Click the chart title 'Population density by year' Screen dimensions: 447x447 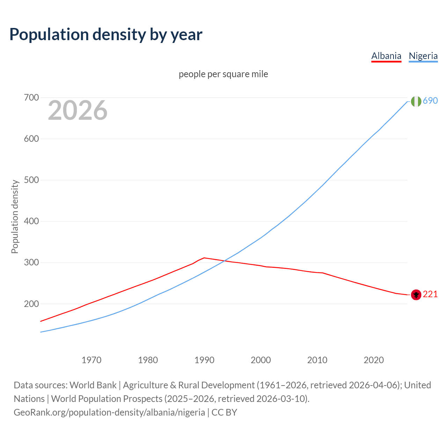point(106,35)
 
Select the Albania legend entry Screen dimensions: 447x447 point(386,56)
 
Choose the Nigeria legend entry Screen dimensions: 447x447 point(423,56)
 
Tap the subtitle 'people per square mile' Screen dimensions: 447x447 point(223,74)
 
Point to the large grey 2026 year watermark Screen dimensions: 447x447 point(78,110)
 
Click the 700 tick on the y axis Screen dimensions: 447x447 point(31,98)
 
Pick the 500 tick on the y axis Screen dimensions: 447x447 point(31,180)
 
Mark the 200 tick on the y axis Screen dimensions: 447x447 point(31,304)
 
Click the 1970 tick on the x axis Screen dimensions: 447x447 point(91,360)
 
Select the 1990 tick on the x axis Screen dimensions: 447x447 point(204,360)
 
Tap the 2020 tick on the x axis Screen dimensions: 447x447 point(374,360)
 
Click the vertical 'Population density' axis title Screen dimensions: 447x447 point(15,217)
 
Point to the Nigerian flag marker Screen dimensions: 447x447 point(416,101)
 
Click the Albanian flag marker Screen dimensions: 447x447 point(416,295)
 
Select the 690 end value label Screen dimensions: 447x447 point(430,101)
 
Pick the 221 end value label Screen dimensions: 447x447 point(430,294)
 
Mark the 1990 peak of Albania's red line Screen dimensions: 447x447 point(204,258)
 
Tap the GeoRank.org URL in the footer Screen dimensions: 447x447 point(109,412)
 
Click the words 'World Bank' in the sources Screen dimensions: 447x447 point(93,385)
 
